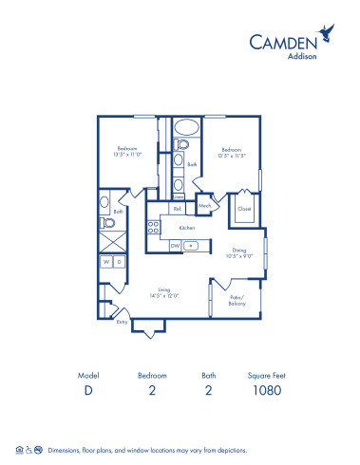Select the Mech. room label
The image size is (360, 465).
tap(204, 205)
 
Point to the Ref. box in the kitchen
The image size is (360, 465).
tap(177, 209)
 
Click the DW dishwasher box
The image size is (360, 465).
tap(175, 245)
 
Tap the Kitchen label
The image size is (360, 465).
tap(187, 228)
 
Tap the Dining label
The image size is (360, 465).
tap(239, 250)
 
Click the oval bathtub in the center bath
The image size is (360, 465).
tap(185, 127)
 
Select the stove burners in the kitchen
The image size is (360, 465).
tap(152, 228)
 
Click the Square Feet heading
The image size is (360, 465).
tap(266, 375)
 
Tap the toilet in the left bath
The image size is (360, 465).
tap(108, 225)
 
